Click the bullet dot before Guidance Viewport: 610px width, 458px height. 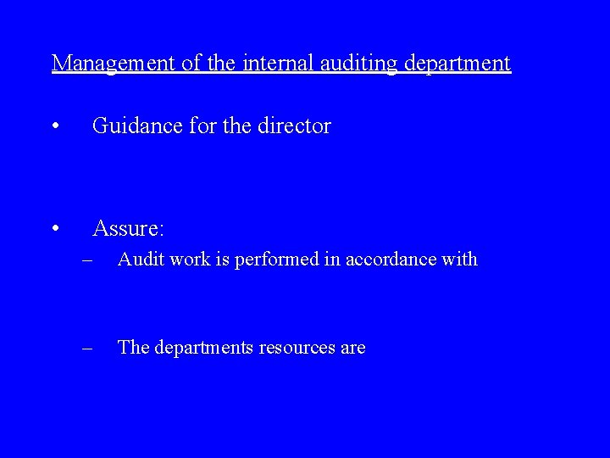tap(54, 128)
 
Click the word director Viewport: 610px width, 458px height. tap(294, 126)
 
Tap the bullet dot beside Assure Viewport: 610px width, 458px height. tap(54, 230)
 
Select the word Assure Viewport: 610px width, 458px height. tap(128, 228)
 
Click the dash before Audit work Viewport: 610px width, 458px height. tap(88, 260)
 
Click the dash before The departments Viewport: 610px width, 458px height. tap(88, 349)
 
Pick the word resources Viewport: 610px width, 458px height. tap(297, 348)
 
